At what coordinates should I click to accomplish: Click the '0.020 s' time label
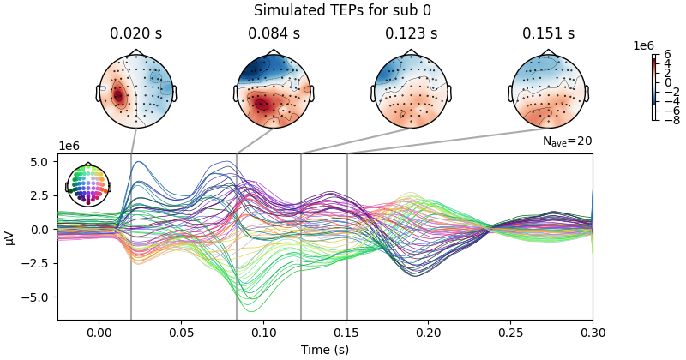[x=136, y=34]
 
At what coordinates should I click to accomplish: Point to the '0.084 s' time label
[x=274, y=34]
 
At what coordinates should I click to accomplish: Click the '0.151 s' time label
[x=548, y=34]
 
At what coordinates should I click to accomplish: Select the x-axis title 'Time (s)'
[x=325, y=350]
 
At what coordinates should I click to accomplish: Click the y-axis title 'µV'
[x=11, y=237]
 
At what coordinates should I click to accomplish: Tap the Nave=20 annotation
[x=567, y=141]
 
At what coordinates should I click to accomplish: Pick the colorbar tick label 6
[x=666, y=55]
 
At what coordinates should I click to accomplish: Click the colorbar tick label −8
[x=670, y=121]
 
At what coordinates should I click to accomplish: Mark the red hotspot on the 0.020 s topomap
[x=118, y=94]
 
